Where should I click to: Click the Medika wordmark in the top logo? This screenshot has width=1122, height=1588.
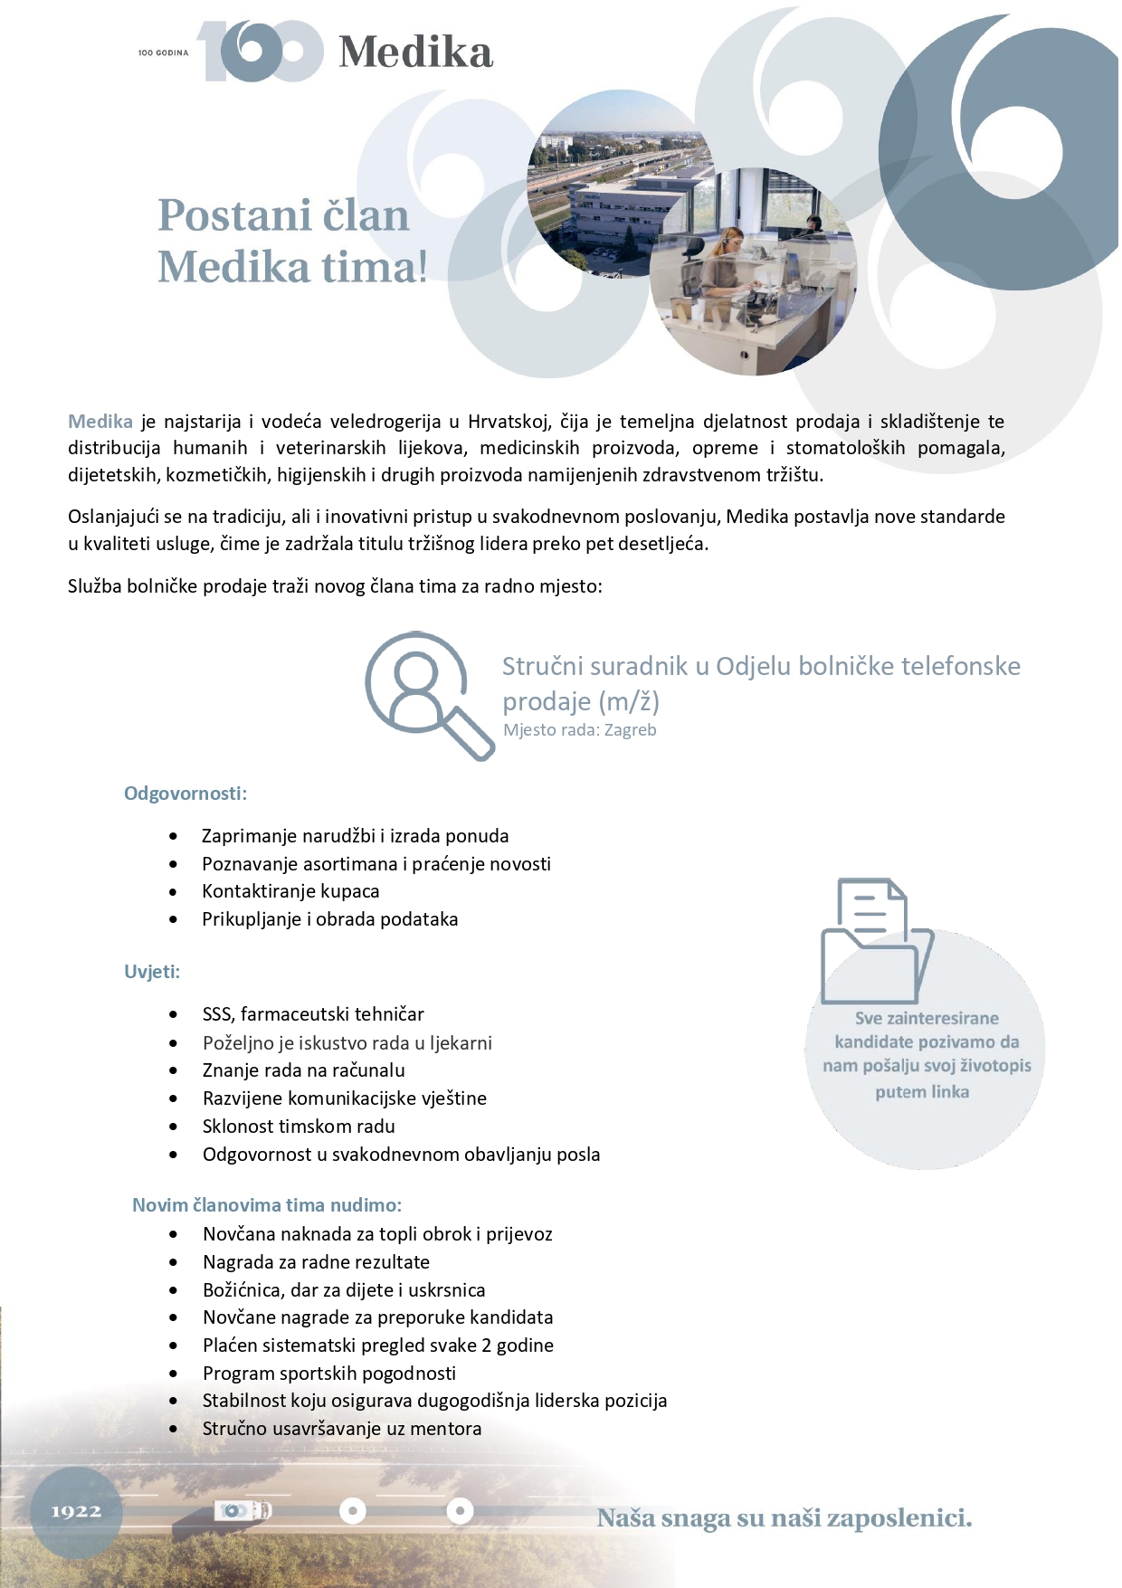(x=415, y=52)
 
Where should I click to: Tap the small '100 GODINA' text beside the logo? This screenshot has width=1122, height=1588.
(x=163, y=53)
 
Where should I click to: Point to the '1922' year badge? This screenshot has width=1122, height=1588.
(x=76, y=1511)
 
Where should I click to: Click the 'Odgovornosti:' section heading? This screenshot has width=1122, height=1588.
(x=185, y=794)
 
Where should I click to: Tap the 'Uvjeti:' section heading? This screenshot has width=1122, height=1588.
(x=152, y=972)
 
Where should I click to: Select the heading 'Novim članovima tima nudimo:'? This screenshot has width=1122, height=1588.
(x=267, y=1205)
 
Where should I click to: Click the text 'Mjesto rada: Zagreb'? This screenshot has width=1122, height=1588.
(x=579, y=730)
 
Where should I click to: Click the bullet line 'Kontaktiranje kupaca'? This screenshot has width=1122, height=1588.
(x=290, y=891)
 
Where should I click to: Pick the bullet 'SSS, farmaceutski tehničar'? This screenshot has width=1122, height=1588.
(x=313, y=1014)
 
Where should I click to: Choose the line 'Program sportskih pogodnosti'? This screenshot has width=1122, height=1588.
(x=329, y=1374)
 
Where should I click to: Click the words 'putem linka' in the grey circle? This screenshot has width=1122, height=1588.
(x=922, y=1092)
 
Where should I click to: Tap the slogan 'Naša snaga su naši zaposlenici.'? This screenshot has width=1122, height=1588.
(x=784, y=1517)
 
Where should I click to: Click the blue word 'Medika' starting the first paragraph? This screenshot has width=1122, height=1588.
(x=100, y=422)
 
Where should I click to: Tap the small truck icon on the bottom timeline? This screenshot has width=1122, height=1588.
(x=243, y=1510)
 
